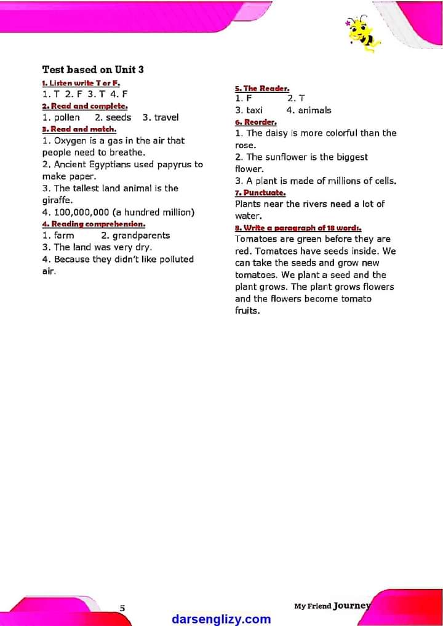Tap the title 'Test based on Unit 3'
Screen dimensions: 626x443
[x=93, y=69]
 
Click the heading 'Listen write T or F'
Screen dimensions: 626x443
[x=81, y=83]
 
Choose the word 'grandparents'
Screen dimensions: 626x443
[x=141, y=236]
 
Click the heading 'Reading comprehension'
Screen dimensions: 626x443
[x=94, y=224]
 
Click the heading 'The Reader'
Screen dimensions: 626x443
[x=262, y=89]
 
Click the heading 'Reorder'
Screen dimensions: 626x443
[x=256, y=122]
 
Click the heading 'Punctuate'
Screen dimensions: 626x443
[x=260, y=192]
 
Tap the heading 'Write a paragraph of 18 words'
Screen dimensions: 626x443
[x=298, y=228]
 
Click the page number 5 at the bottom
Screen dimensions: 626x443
[x=122, y=608]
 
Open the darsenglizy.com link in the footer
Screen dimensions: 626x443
[x=221, y=619]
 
